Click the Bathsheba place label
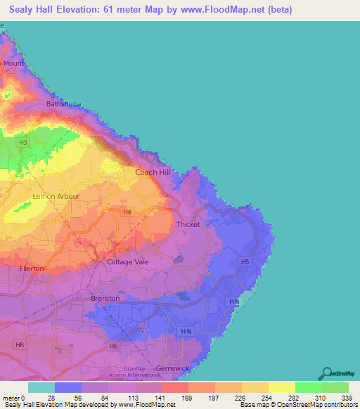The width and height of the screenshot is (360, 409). coord(64,104)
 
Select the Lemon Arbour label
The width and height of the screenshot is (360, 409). coord(56,196)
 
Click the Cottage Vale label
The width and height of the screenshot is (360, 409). coord(124,262)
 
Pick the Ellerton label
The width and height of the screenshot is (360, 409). coord(32,268)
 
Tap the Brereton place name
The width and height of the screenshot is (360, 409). coord(105,299)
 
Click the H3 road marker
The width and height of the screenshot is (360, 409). coord(24,143)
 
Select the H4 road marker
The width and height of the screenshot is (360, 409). coord(127,212)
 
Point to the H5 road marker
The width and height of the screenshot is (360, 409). coord(245,262)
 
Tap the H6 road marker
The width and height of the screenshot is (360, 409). coord(113,346)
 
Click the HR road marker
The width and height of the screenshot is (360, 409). coord(20,346)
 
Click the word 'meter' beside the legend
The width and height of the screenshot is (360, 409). coord(11,397)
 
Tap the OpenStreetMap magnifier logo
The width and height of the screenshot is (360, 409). coord(328,373)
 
